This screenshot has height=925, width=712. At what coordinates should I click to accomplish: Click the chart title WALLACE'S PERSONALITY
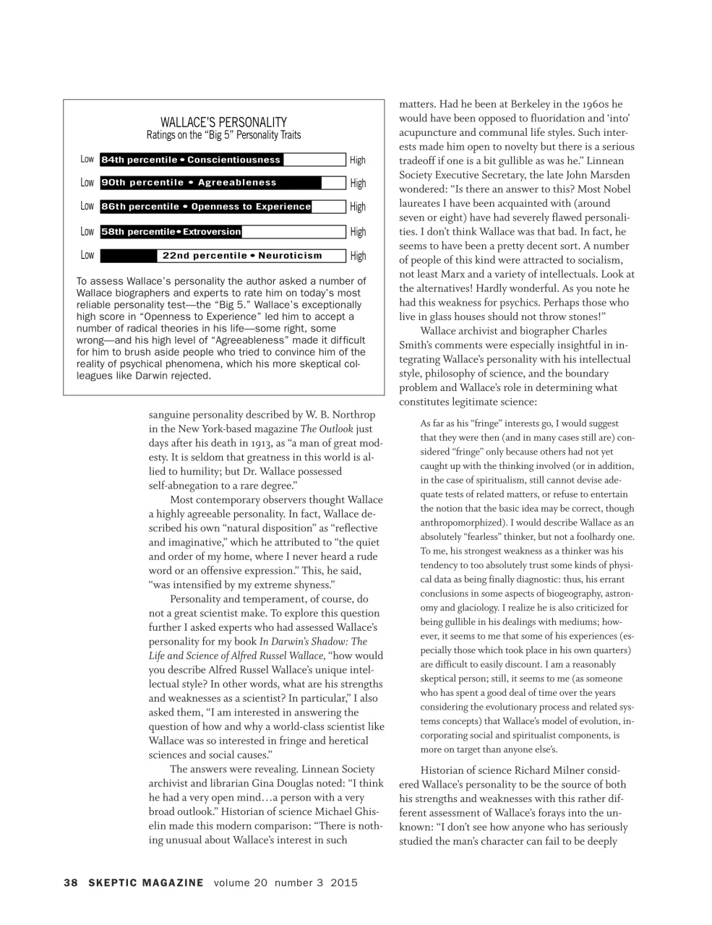[x=223, y=122]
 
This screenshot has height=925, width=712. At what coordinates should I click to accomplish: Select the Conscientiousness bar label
[x=191, y=160]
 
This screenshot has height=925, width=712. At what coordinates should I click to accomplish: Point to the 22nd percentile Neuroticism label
[x=242, y=256]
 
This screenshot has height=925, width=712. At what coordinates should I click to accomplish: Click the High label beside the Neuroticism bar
[x=358, y=256]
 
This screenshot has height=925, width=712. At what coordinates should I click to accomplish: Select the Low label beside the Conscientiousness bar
[x=87, y=160]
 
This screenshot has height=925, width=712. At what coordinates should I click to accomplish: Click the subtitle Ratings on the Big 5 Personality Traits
[x=223, y=135]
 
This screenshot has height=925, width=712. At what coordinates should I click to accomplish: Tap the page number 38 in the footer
[x=70, y=882]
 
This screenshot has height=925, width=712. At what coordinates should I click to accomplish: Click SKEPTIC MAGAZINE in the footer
[x=146, y=882]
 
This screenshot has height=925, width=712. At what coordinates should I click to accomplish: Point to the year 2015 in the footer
[x=344, y=882]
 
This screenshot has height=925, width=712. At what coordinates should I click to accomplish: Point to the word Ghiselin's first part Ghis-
[x=372, y=812]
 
